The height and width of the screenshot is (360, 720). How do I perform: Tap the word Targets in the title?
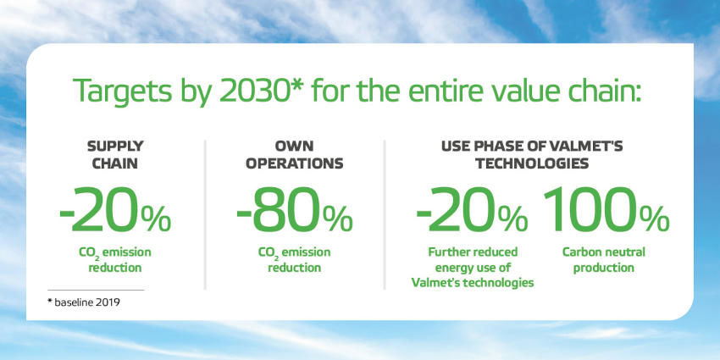pyautogui.click(x=121, y=91)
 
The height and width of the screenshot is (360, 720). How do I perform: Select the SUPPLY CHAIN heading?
pyautogui.click(x=115, y=155)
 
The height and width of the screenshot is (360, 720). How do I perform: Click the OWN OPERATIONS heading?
pyautogui.click(x=294, y=155)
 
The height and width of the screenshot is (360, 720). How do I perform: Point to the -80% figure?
pyautogui.click(x=294, y=211)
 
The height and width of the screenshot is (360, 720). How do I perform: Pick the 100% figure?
pyautogui.click(x=606, y=211)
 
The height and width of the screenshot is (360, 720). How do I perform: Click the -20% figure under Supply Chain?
pyautogui.click(x=115, y=211)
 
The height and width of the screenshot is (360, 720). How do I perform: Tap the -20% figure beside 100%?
pyautogui.click(x=472, y=211)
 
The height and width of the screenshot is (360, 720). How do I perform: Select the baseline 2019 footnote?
pyautogui.click(x=84, y=303)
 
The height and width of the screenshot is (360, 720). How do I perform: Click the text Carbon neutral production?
pyautogui.click(x=604, y=260)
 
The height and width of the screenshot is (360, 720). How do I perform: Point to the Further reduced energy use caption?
pyautogui.click(x=473, y=268)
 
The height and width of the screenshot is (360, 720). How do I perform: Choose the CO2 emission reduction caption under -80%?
pyautogui.click(x=294, y=260)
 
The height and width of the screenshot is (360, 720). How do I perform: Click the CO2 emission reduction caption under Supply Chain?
pyautogui.click(x=115, y=260)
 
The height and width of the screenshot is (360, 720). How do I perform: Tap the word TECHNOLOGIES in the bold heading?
pyautogui.click(x=532, y=163)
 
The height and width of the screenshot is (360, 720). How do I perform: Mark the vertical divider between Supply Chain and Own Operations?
pyautogui.click(x=205, y=215)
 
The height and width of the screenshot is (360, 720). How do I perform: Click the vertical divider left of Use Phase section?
pyautogui.click(x=385, y=215)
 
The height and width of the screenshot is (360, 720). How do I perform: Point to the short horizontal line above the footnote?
pyautogui.click(x=96, y=291)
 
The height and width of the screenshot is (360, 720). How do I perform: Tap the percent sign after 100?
pyautogui.click(x=654, y=219)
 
